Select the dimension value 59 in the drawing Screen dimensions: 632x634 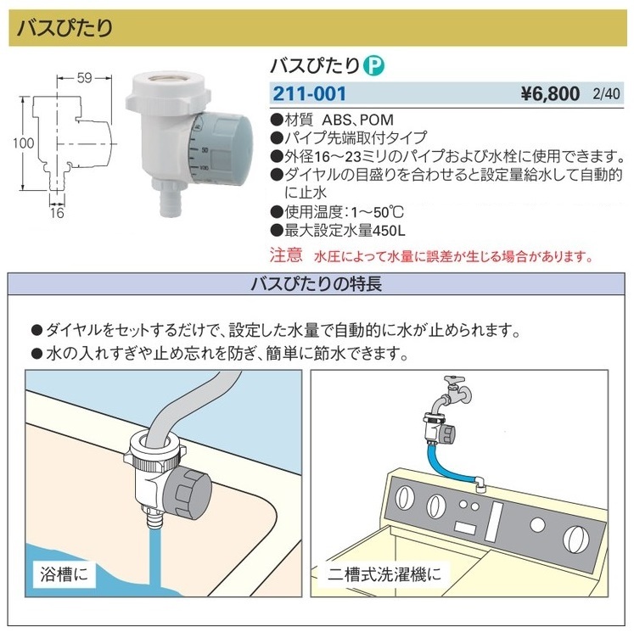click(84, 79)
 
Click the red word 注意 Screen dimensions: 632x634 click(285, 254)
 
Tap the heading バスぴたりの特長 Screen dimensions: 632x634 click(317, 283)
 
